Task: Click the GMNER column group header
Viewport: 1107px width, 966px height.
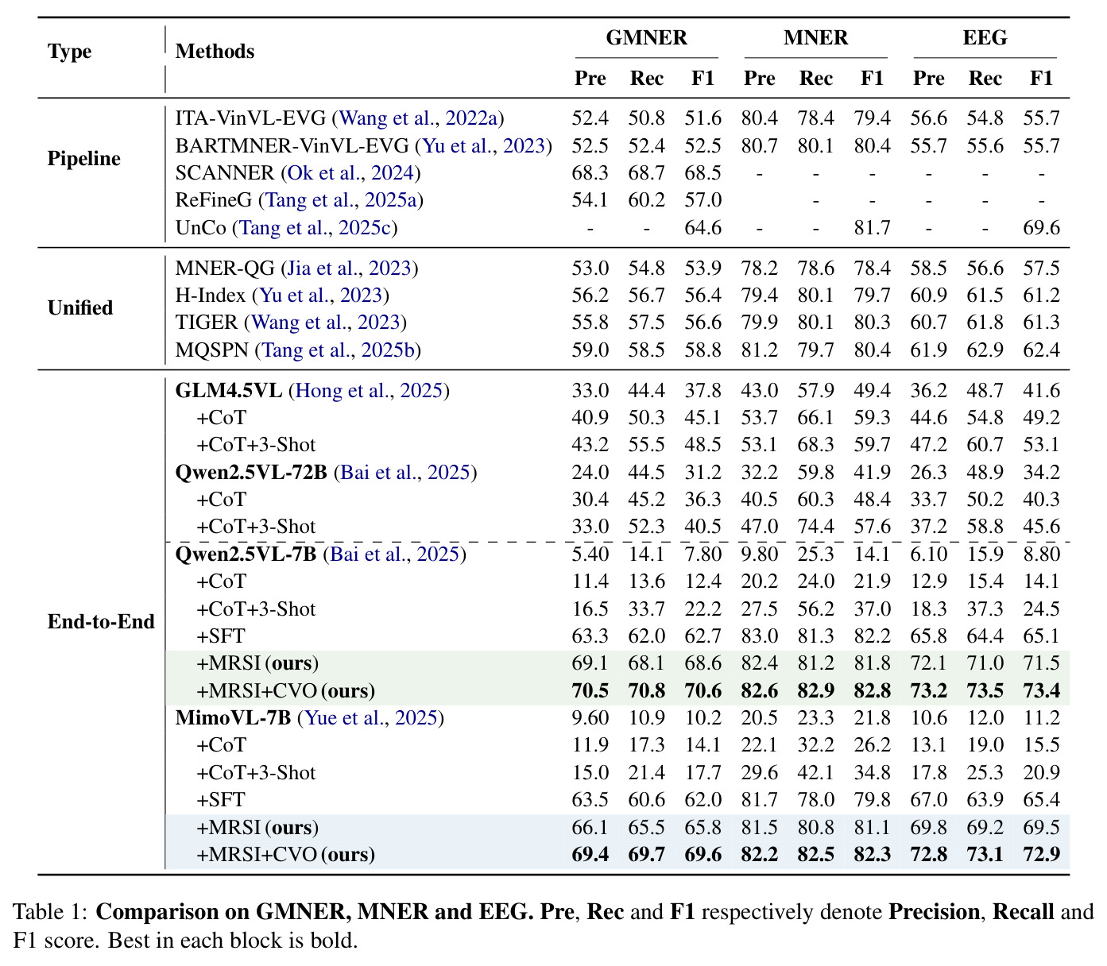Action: [x=646, y=38]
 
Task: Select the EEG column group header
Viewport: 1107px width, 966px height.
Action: [x=985, y=38]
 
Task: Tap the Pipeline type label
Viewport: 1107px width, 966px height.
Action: [x=84, y=159]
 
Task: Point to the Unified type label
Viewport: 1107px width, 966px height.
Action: [x=80, y=307]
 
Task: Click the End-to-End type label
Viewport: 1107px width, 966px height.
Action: [x=101, y=621]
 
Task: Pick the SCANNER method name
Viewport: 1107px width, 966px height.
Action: [x=225, y=173]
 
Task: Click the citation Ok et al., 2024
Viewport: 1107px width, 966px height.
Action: [x=350, y=173]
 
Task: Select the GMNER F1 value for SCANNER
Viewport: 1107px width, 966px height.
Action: [x=703, y=173]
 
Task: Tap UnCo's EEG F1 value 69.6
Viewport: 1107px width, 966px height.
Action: [x=1041, y=228]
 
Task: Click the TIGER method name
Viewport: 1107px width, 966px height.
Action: [x=206, y=323]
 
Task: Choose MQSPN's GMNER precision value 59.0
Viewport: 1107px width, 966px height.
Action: [x=590, y=350]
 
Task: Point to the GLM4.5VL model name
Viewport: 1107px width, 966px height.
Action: [x=228, y=391]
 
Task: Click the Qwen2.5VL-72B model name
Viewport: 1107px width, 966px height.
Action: [x=251, y=472]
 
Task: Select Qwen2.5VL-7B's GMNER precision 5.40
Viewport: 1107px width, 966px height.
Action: [x=590, y=554]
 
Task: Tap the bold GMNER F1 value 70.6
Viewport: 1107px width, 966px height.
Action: [x=703, y=690]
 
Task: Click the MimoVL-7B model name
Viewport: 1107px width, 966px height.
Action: [x=233, y=717]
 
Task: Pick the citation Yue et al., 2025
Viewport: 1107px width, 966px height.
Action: [x=370, y=717]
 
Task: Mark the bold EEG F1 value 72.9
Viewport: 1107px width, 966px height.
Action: [x=1041, y=855]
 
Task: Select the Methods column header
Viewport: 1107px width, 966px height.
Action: [x=215, y=52]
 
